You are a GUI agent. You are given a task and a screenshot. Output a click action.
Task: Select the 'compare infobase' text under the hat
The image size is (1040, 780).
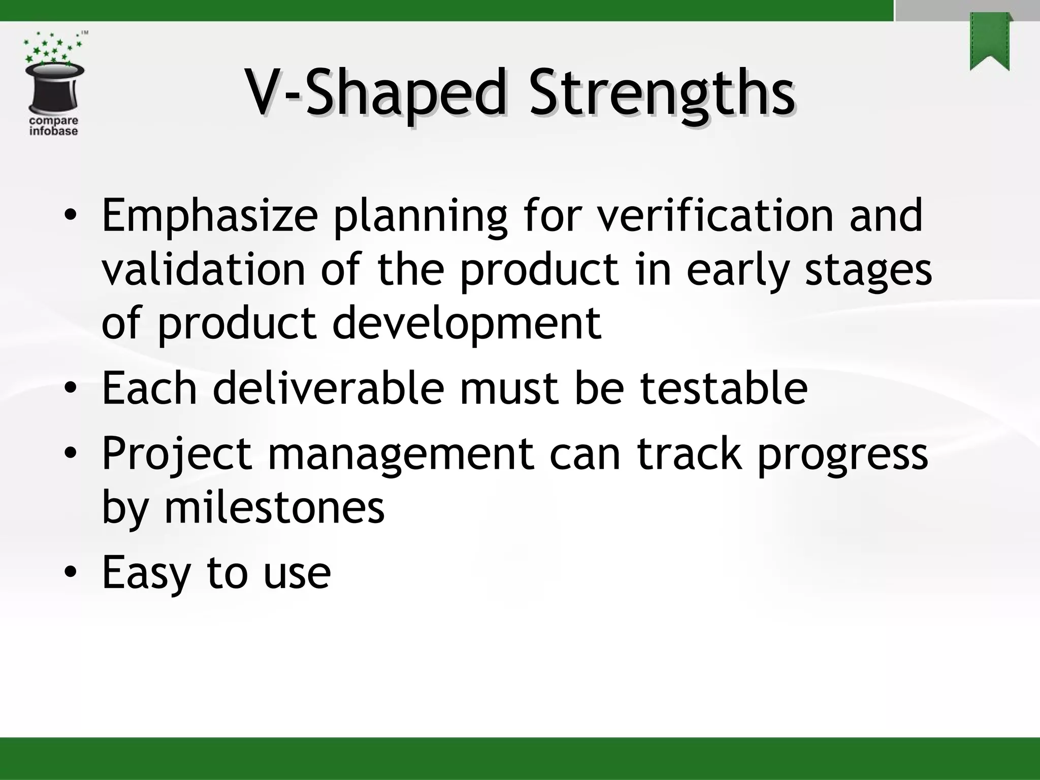[54, 126]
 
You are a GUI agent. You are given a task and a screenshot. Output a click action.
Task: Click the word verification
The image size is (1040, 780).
[715, 215]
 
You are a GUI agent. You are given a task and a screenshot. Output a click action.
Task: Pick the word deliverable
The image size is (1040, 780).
[329, 388]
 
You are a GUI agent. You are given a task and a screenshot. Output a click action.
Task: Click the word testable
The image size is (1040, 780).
[723, 388]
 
